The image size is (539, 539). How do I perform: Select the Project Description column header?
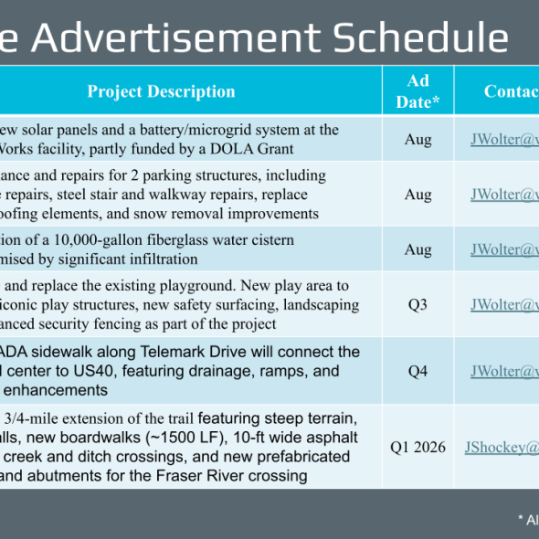tap(162, 91)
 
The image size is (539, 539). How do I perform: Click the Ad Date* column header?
tap(417, 91)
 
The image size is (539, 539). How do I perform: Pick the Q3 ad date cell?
tap(417, 305)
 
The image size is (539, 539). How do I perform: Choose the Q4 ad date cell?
tap(417, 371)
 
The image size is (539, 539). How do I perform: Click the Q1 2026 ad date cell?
tap(418, 447)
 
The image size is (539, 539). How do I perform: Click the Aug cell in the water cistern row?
tap(417, 248)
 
